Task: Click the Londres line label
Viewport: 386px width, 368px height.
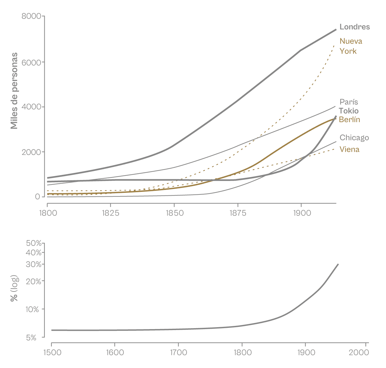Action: coord(354,27)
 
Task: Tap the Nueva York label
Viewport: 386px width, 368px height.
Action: coord(351,46)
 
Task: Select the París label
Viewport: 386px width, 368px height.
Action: coord(349,102)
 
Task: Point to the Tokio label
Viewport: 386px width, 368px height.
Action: coord(348,111)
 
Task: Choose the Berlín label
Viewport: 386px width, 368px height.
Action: coord(349,120)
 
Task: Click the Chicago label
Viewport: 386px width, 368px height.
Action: coord(354,138)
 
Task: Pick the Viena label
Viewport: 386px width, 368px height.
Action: coord(349,149)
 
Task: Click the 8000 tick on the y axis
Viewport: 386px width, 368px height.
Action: coord(31,16)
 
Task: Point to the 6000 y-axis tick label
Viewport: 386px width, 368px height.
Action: coord(31,62)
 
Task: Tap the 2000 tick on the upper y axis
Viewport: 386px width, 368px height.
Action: coord(31,152)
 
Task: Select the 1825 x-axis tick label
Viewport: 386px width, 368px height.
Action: coord(110,213)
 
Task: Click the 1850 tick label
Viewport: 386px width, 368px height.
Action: coord(174,213)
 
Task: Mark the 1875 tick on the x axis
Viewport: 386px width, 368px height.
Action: coord(238,213)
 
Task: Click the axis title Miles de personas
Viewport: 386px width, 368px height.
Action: coord(14,91)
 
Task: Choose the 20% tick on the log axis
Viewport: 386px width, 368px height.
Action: coord(34,282)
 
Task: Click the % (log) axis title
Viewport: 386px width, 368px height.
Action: coord(14,288)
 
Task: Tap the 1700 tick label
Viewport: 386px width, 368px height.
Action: coord(178,353)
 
